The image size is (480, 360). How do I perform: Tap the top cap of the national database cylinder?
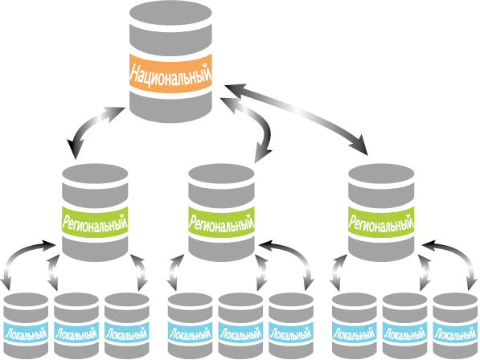pyautogui.click(x=170, y=14)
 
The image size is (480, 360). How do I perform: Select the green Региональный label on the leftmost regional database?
pyautogui.click(x=95, y=223)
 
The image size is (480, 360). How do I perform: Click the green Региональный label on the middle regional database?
pyautogui.click(x=221, y=223)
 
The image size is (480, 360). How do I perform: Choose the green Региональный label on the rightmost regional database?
pyautogui.click(x=381, y=223)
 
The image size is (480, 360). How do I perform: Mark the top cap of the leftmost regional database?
pyautogui.click(x=95, y=174)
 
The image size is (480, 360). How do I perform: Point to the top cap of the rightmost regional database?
pyautogui.click(x=381, y=174)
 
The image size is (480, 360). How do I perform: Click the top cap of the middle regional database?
pyautogui.click(x=221, y=174)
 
